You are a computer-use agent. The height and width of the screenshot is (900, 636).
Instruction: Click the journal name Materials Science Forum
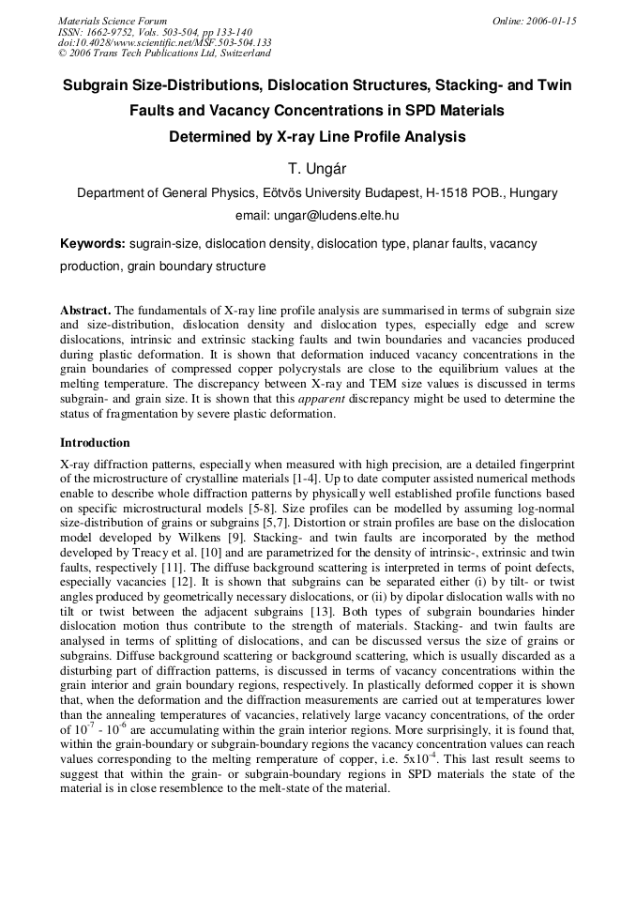point(113,21)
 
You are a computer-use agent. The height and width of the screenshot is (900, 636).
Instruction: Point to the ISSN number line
point(154,32)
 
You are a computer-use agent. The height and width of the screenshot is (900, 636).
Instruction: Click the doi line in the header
point(164,42)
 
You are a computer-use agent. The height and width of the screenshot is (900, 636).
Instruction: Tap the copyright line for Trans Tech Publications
point(164,53)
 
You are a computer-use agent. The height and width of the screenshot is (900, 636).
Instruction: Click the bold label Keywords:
point(92,244)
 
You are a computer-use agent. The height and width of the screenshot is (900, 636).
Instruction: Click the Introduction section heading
point(95,443)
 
